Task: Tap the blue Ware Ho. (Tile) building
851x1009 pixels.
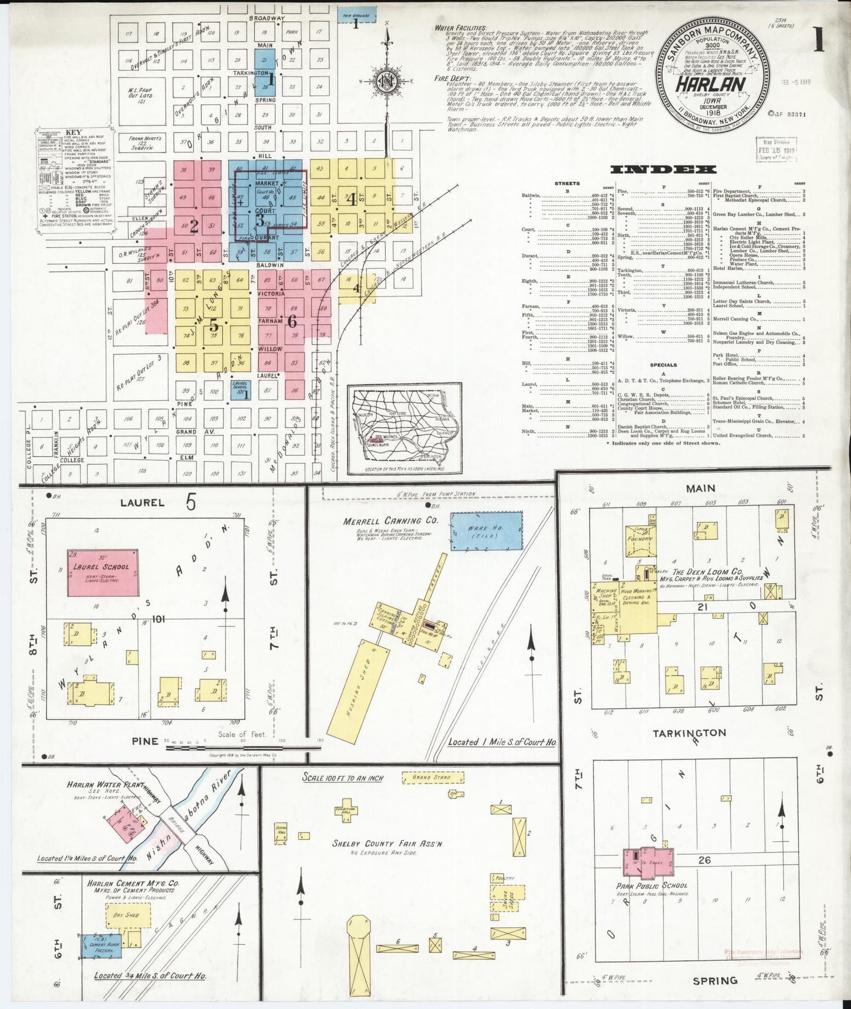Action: point(486,531)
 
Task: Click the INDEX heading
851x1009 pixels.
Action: point(663,170)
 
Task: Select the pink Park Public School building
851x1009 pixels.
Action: point(648,862)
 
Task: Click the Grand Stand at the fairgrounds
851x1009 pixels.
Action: point(431,778)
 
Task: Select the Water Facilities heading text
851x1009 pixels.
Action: point(460,28)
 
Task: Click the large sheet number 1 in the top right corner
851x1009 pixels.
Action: point(818,42)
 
